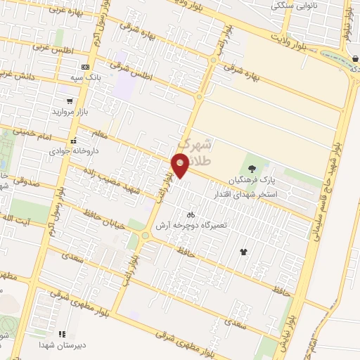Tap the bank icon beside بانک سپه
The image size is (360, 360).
pos(85,67)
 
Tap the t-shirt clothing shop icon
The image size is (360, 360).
pos(244,251)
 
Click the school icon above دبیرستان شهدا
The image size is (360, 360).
pos(62,334)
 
